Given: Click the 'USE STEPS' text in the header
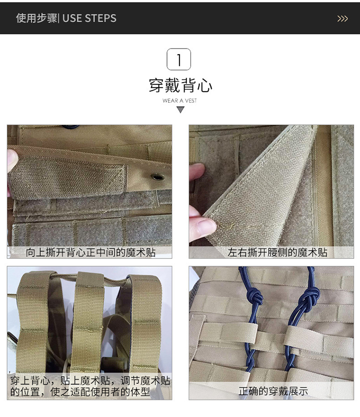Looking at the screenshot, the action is (89, 18).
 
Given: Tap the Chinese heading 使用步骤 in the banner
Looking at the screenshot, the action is (36, 18).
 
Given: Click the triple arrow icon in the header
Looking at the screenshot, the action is (342, 19).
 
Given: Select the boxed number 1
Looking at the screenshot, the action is (179, 59).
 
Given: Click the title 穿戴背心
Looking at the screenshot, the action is (180, 86).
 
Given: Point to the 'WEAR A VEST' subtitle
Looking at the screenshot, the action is (180, 100).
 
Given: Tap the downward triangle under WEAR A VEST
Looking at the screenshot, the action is (180, 110).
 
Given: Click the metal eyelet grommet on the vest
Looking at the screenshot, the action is (157, 176).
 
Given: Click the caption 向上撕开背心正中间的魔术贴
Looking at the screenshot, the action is (91, 252).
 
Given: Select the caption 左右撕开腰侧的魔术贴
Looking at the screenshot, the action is (277, 252).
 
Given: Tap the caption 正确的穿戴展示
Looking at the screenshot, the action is (273, 391).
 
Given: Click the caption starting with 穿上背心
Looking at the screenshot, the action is (90, 386).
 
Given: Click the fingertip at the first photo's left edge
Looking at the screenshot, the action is (12, 160).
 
